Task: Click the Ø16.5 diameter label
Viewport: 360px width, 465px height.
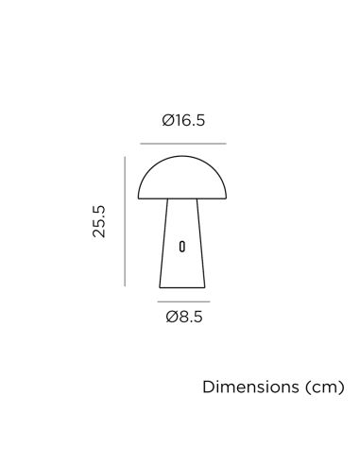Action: click(x=182, y=121)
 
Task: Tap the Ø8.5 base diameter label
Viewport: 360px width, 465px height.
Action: click(x=182, y=317)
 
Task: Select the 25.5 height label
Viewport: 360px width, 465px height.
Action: click(x=99, y=221)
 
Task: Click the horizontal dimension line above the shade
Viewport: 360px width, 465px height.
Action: click(x=182, y=144)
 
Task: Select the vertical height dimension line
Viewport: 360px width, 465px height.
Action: click(x=125, y=221)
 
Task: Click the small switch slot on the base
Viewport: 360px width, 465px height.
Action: click(x=182, y=247)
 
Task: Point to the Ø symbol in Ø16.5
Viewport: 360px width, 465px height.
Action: click(x=167, y=121)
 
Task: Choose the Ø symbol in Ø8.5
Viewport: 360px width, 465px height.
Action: click(x=171, y=317)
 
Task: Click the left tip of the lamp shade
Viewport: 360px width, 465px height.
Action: click(x=139, y=198)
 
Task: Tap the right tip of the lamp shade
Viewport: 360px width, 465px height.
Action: click(x=226, y=198)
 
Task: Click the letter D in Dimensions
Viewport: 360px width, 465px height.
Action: click(x=207, y=388)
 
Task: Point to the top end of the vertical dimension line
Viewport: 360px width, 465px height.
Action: click(x=125, y=157)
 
